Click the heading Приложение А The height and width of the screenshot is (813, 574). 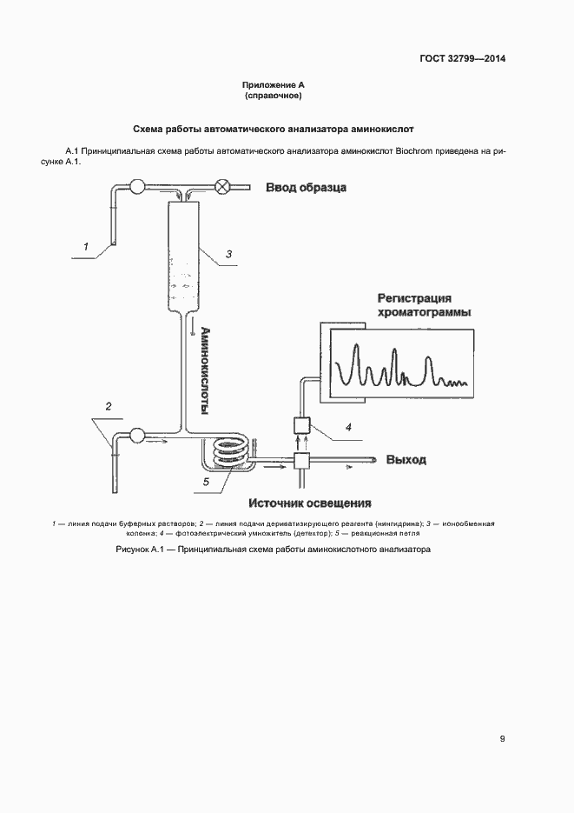(274, 85)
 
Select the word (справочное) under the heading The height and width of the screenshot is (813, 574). (274, 96)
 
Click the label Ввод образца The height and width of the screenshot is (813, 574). (307, 187)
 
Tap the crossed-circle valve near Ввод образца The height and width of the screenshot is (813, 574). (222, 185)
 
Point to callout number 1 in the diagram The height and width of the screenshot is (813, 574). (86, 247)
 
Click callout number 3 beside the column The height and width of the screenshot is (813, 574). (228, 254)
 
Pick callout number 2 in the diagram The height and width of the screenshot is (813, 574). (109, 406)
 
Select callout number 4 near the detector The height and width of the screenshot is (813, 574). (348, 427)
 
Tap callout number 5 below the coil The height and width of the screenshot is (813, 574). (207, 481)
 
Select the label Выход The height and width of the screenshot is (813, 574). (406, 459)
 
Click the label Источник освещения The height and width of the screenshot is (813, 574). (310, 503)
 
